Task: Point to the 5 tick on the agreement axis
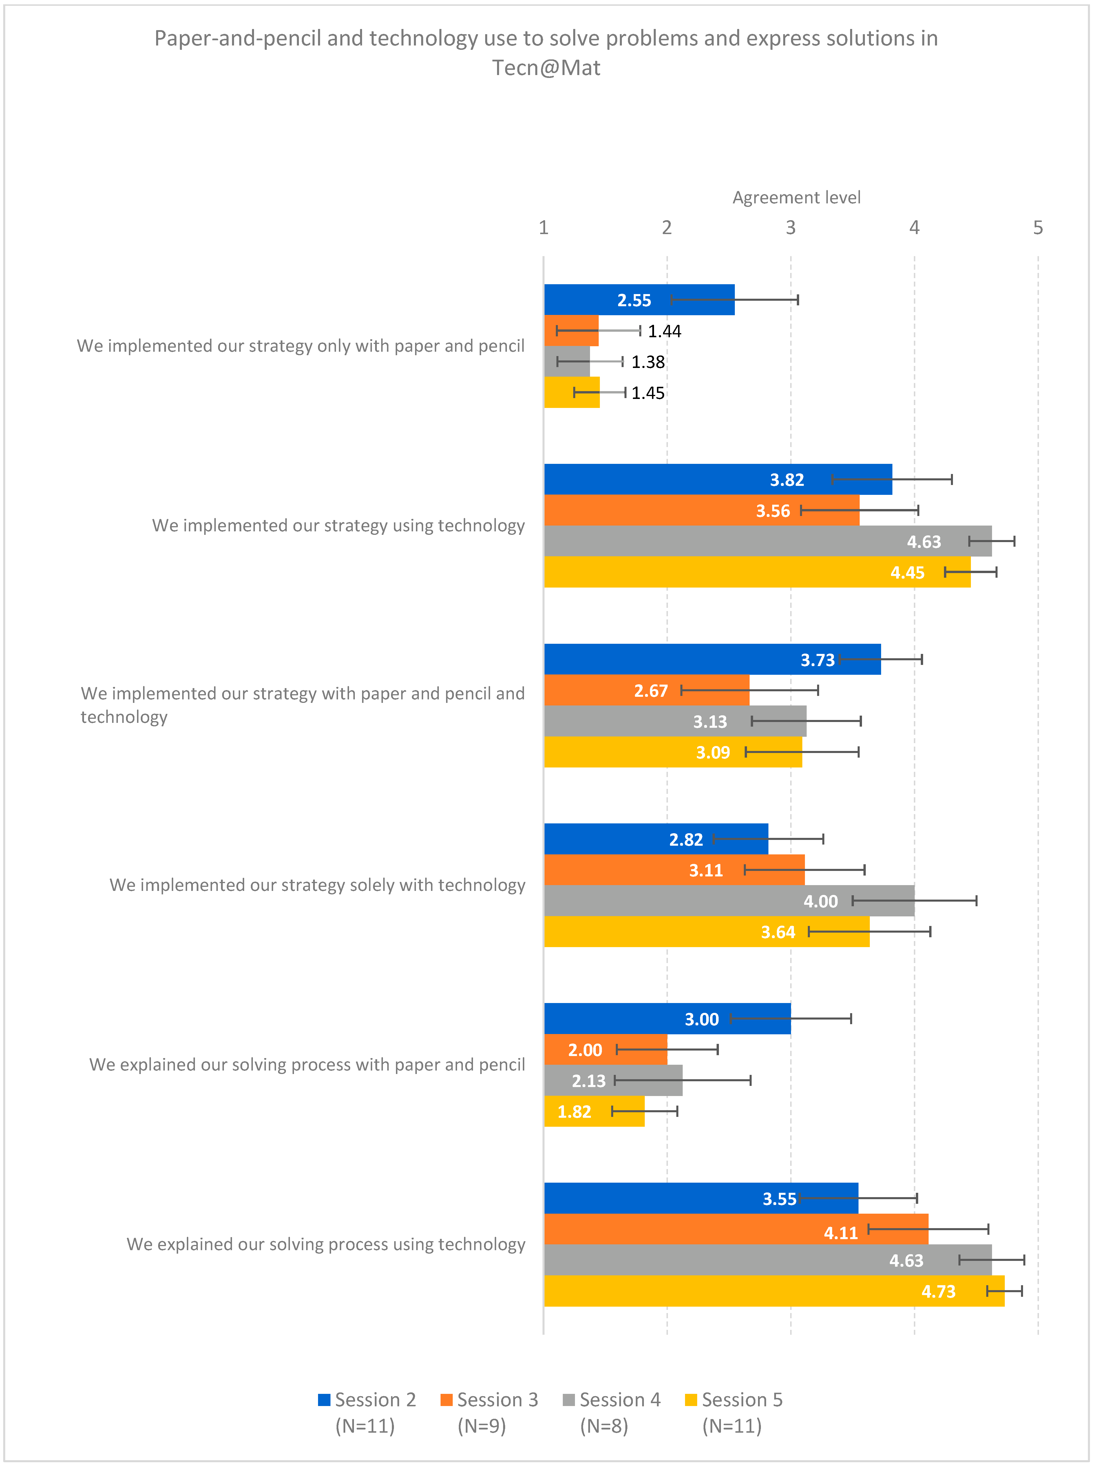[1038, 228]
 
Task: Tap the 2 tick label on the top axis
[667, 228]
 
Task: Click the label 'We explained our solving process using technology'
[326, 1244]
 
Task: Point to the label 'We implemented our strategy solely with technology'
[317, 885]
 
